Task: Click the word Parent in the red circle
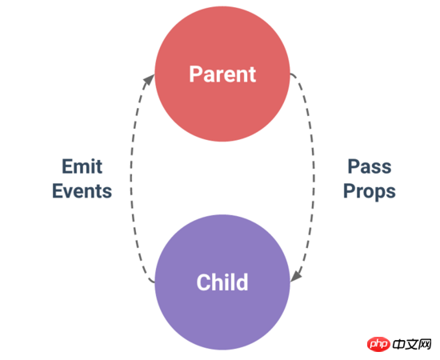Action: tap(222, 74)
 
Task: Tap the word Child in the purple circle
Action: tap(222, 282)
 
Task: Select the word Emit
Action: tap(82, 166)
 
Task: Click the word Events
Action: tap(82, 191)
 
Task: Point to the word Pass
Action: tap(370, 166)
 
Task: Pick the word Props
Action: tap(370, 192)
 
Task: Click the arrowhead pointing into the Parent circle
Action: tap(149, 79)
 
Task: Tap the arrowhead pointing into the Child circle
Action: tap(296, 277)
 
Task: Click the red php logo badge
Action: tap(378, 344)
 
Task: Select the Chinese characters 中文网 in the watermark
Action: tap(412, 344)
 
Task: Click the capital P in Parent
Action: tap(195, 74)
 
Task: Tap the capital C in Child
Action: tap(203, 282)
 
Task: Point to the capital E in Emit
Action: tap(67, 166)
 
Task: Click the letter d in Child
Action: tap(242, 282)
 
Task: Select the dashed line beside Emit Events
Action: tap(131, 179)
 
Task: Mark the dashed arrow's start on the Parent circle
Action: tap(290, 74)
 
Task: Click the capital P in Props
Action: tap(350, 191)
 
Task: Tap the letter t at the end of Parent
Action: tap(253, 75)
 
